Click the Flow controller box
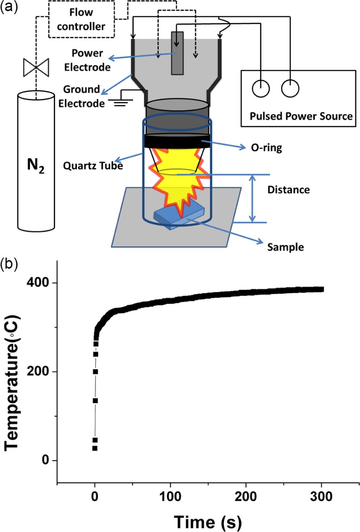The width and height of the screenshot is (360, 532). (x=81, y=19)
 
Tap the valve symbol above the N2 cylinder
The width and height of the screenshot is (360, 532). (x=36, y=68)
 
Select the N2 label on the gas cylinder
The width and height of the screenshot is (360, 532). (x=36, y=165)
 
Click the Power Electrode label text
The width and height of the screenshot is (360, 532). (x=87, y=60)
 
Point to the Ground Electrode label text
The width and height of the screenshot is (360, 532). (x=81, y=96)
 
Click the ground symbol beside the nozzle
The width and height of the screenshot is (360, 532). (x=121, y=103)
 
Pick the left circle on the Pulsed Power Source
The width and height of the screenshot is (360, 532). (x=261, y=88)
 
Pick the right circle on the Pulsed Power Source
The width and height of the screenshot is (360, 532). (x=290, y=88)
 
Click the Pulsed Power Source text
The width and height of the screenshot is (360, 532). (x=301, y=116)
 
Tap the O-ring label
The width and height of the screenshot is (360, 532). (x=266, y=147)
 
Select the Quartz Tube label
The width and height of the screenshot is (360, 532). (x=93, y=165)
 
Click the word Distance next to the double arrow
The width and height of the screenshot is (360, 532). (x=288, y=190)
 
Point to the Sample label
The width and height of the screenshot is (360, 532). (x=285, y=247)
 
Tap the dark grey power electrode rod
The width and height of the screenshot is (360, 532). (x=177, y=53)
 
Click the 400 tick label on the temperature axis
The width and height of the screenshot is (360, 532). (x=37, y=283)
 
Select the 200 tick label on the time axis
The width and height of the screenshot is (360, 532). (x=246, y=496)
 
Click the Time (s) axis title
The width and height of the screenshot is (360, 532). (x=208, y=521)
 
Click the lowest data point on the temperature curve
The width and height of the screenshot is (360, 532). (x=95, y=448)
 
